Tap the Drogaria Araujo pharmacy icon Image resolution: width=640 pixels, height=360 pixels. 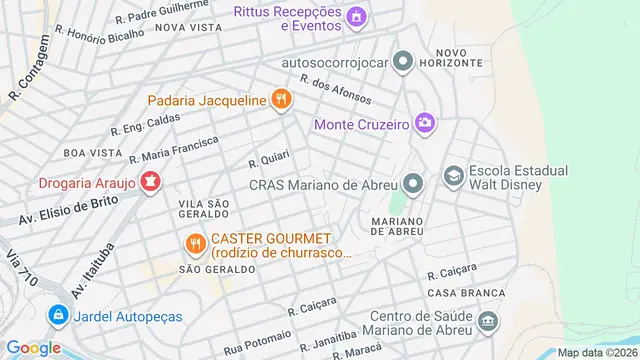click(150, 182)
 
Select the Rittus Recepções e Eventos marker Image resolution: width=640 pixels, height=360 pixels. click(355, 16)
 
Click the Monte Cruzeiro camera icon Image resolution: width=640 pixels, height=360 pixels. click(427, 124)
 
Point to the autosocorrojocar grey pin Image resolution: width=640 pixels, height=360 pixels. click(403, 62)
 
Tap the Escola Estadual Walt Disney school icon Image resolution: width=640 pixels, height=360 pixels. click(453, 177)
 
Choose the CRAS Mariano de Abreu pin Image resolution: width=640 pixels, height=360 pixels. click(412, 183)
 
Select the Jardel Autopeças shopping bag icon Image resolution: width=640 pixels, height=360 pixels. click(59, 316)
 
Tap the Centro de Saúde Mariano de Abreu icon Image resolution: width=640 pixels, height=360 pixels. click(488, 322)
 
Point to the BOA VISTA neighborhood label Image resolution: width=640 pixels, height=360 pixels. click(85, 152)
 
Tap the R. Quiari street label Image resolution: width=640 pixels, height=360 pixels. click(268, 161)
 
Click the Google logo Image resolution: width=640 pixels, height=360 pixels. click(34, 347)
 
